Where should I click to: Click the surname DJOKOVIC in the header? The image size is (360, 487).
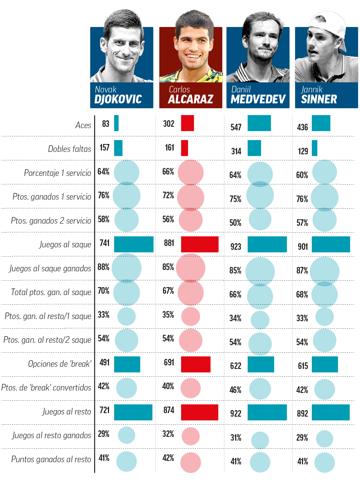pyautogui.click(x=118, y=99)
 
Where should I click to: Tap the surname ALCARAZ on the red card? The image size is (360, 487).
pyautogui.click(x=190, y=99)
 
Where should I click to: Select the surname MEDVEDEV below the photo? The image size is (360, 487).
pyautogui.click(x=258, y=99)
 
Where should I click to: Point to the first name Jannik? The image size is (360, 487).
pyautogui.click(x=312, y=89)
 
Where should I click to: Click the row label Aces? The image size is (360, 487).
pyautogui.click(x=83, y=125)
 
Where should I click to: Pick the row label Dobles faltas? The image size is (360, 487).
pyautogui.click(x=69, y=149)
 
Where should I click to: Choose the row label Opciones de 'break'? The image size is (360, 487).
pyautogui.click(x=60, y=364)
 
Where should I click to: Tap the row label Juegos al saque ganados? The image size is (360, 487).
pyautogui.click(x=50, y=268)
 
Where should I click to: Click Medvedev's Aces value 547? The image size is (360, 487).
pyautogui.click(x=236, y=127)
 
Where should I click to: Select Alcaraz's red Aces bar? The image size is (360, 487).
pyautogui.click(x=187, y=123)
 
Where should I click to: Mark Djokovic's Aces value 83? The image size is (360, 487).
pyautogui.click(x=106, y=124)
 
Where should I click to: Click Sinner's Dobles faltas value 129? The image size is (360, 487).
pyautogui.click(x=303, y=151)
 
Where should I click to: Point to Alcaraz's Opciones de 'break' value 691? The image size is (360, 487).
pyautogui.click(x=169, y=362)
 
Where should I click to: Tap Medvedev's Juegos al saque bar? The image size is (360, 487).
pyautogui.click(x=267, y=244)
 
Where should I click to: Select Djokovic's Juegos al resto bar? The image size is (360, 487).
pyautogui.click(x=133, y=412)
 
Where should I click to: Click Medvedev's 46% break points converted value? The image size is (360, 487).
pyautogui.click(x=235, y=390)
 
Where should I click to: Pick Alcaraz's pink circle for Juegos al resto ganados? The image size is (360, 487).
pyautogui.click(x=190, y=436)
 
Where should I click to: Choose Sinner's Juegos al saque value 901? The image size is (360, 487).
pyautogui.click(x=303, y=246)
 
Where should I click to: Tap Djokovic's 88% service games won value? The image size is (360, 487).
pyautogui.click(x=104, y=267)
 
